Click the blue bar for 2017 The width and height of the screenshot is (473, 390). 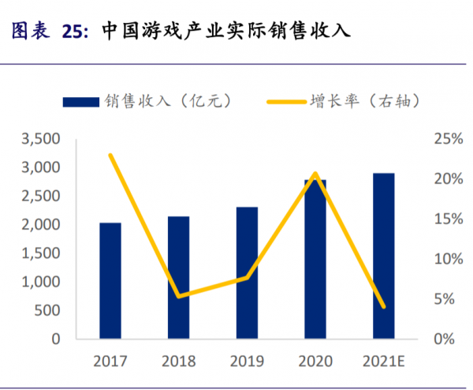(110, 281)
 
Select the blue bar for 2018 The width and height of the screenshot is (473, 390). (178, 278)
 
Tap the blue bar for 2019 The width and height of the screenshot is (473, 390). (247, 273)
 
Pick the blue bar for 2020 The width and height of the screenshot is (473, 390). (315, 260)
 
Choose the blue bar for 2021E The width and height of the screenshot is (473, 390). (384, 257)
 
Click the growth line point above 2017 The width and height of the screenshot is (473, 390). (110, 155)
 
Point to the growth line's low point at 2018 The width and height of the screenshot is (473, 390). (179, 297)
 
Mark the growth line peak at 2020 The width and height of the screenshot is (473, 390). (315, 173)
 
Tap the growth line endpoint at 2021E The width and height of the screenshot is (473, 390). (384, 307)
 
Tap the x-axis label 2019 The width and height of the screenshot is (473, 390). (247, 362)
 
